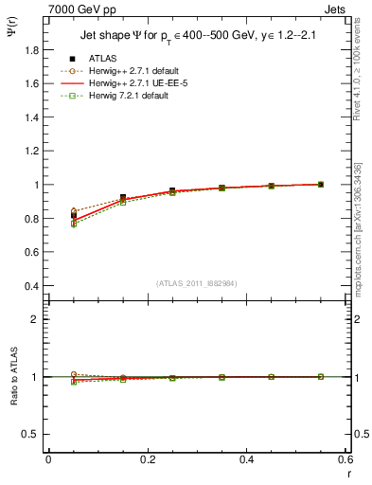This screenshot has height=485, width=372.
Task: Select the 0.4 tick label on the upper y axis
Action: click(33, 286)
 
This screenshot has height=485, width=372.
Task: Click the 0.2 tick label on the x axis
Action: click(147, 459)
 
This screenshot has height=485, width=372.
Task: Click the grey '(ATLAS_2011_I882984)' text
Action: click(199, 283)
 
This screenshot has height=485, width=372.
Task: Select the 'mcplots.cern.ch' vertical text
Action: click(361, 256)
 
